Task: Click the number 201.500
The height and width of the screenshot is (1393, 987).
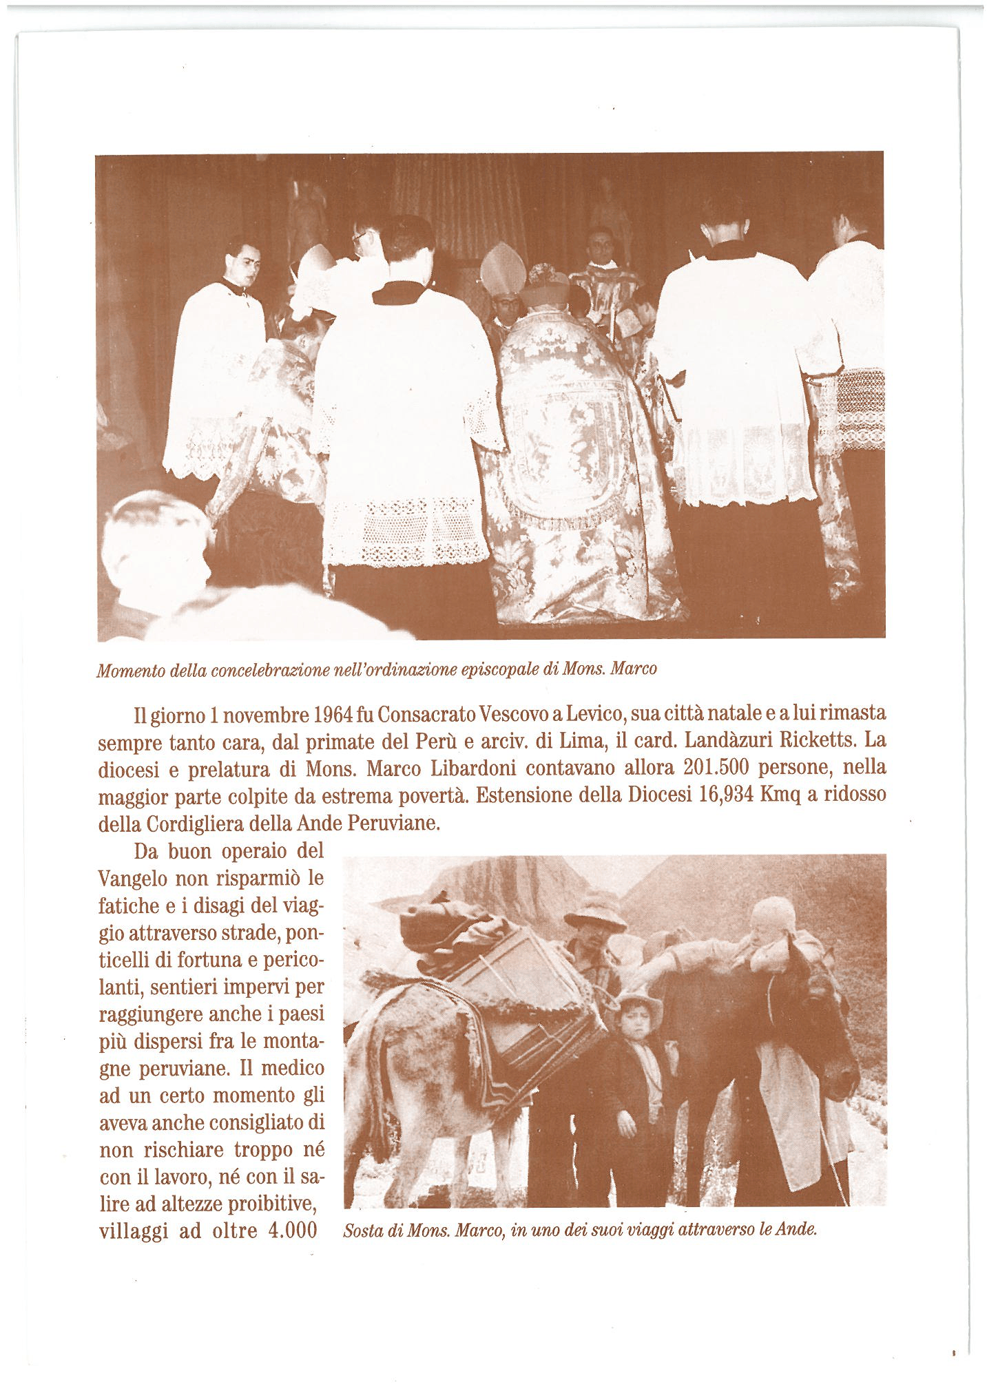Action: (x=716, y=768)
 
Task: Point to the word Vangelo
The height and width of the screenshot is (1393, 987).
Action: (x=134, y=879)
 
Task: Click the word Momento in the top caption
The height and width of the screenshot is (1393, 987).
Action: (x=130, y=670)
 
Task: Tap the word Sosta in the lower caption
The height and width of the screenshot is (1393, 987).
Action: (x=363, y=1231)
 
